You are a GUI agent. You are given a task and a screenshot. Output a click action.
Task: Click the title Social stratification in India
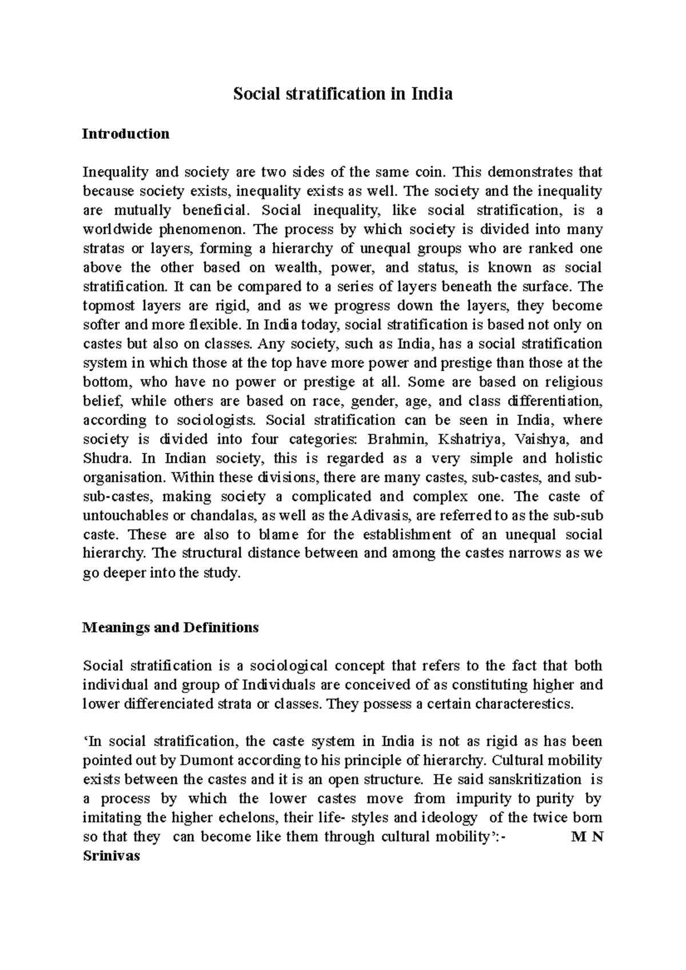pos(342,94)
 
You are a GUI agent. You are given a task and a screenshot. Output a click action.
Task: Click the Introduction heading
pos(126,134)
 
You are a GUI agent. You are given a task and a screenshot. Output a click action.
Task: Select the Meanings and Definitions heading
pos(170,627)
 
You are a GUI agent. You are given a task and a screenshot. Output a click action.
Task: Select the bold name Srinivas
pos(111,856)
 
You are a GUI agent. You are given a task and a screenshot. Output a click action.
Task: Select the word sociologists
pos(217,420)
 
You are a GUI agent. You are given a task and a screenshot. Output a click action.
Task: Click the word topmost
pos(107,306)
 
